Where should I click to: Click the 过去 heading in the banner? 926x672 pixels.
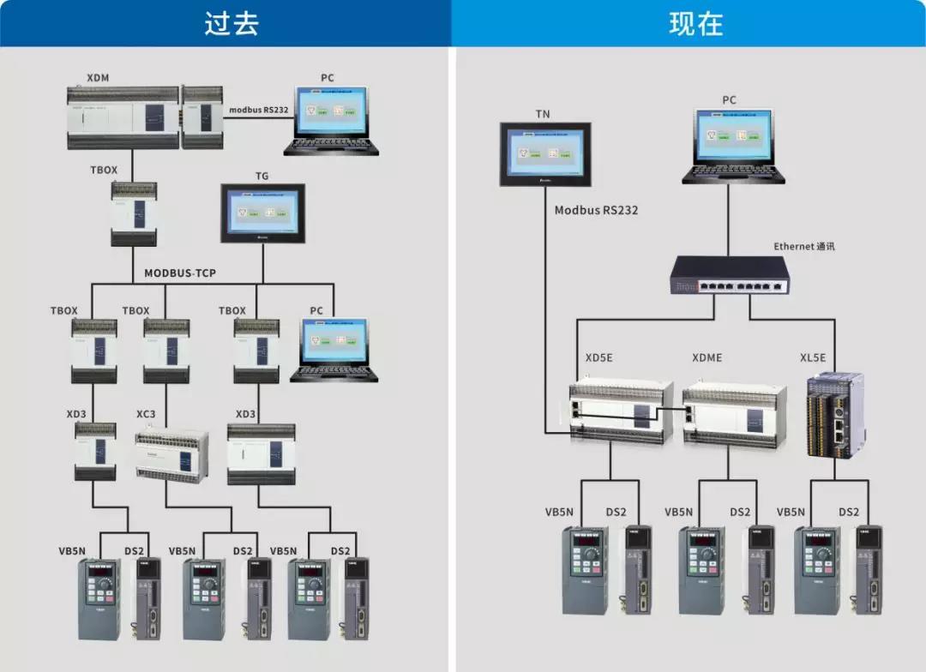[x=231, y=23]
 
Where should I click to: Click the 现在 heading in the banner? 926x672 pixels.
[x=695, y=23]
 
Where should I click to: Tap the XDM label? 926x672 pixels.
[x=98, y=78]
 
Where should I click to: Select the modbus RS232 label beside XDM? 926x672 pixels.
[x=258, y=110]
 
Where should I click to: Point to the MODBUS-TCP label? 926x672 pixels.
[x=180, y=273]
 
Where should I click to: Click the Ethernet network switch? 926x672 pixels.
[x=730, y=275]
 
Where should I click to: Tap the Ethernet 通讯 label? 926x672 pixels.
[x=803, y=247]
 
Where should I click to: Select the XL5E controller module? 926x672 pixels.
[x=833, y=413]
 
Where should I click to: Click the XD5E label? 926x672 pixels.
[x=598, y=357]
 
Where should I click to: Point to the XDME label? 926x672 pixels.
[x=707, y=357]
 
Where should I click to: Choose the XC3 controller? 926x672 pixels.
[x=171, y=454]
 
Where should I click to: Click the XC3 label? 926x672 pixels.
[x=146, y=414]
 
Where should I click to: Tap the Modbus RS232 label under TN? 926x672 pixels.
[x=596, y=210]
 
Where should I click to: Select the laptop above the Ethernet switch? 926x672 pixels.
[x=733, y=146]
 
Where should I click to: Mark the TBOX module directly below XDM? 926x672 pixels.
[x=134, y=214]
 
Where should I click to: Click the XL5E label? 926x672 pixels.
[x=812, y=357]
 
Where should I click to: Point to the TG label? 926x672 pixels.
[x=262, y=177]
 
